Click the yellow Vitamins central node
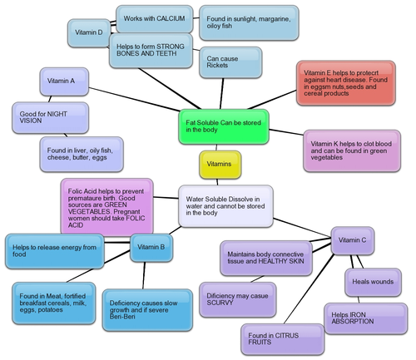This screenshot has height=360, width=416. point(220,163)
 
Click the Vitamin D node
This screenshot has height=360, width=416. point(88,32)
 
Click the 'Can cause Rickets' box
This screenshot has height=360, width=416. point(230,63)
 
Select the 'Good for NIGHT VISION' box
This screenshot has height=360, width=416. point(47,117)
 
